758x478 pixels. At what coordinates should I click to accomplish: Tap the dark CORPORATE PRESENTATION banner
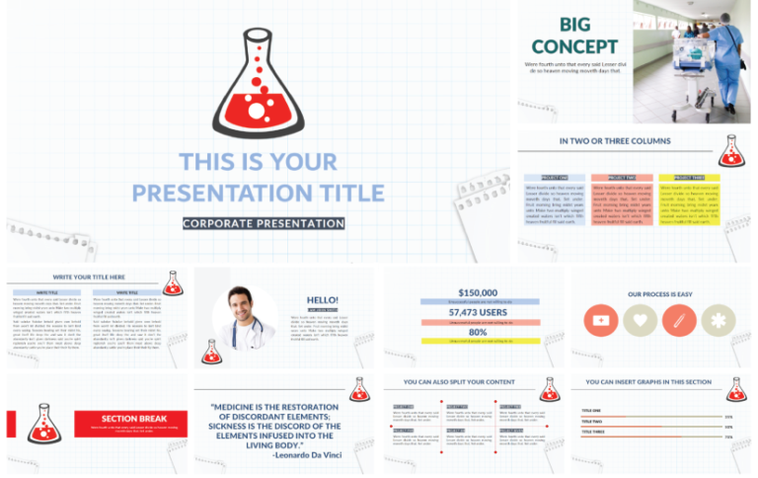tap(264, 223)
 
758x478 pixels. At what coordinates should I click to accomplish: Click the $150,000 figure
tap(478, 292)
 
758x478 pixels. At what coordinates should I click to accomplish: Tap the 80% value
tap(478, 332)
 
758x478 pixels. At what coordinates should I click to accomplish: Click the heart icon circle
tap(640, 320)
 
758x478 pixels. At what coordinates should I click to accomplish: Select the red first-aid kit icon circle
tap(600, 320)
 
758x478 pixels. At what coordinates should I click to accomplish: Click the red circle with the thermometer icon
tap(678, 320)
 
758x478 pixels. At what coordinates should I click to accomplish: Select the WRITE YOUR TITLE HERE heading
tap(89, 278)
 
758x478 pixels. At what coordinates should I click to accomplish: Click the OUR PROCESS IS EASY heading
tap(659, 294)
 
